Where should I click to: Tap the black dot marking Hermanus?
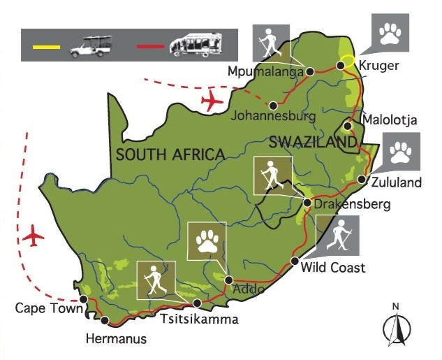[105, 322]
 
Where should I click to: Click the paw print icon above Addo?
[207, 242]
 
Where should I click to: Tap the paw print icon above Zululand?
[401, 152]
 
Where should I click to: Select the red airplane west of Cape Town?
[33, 236]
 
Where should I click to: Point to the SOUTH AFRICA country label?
[170, 154]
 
